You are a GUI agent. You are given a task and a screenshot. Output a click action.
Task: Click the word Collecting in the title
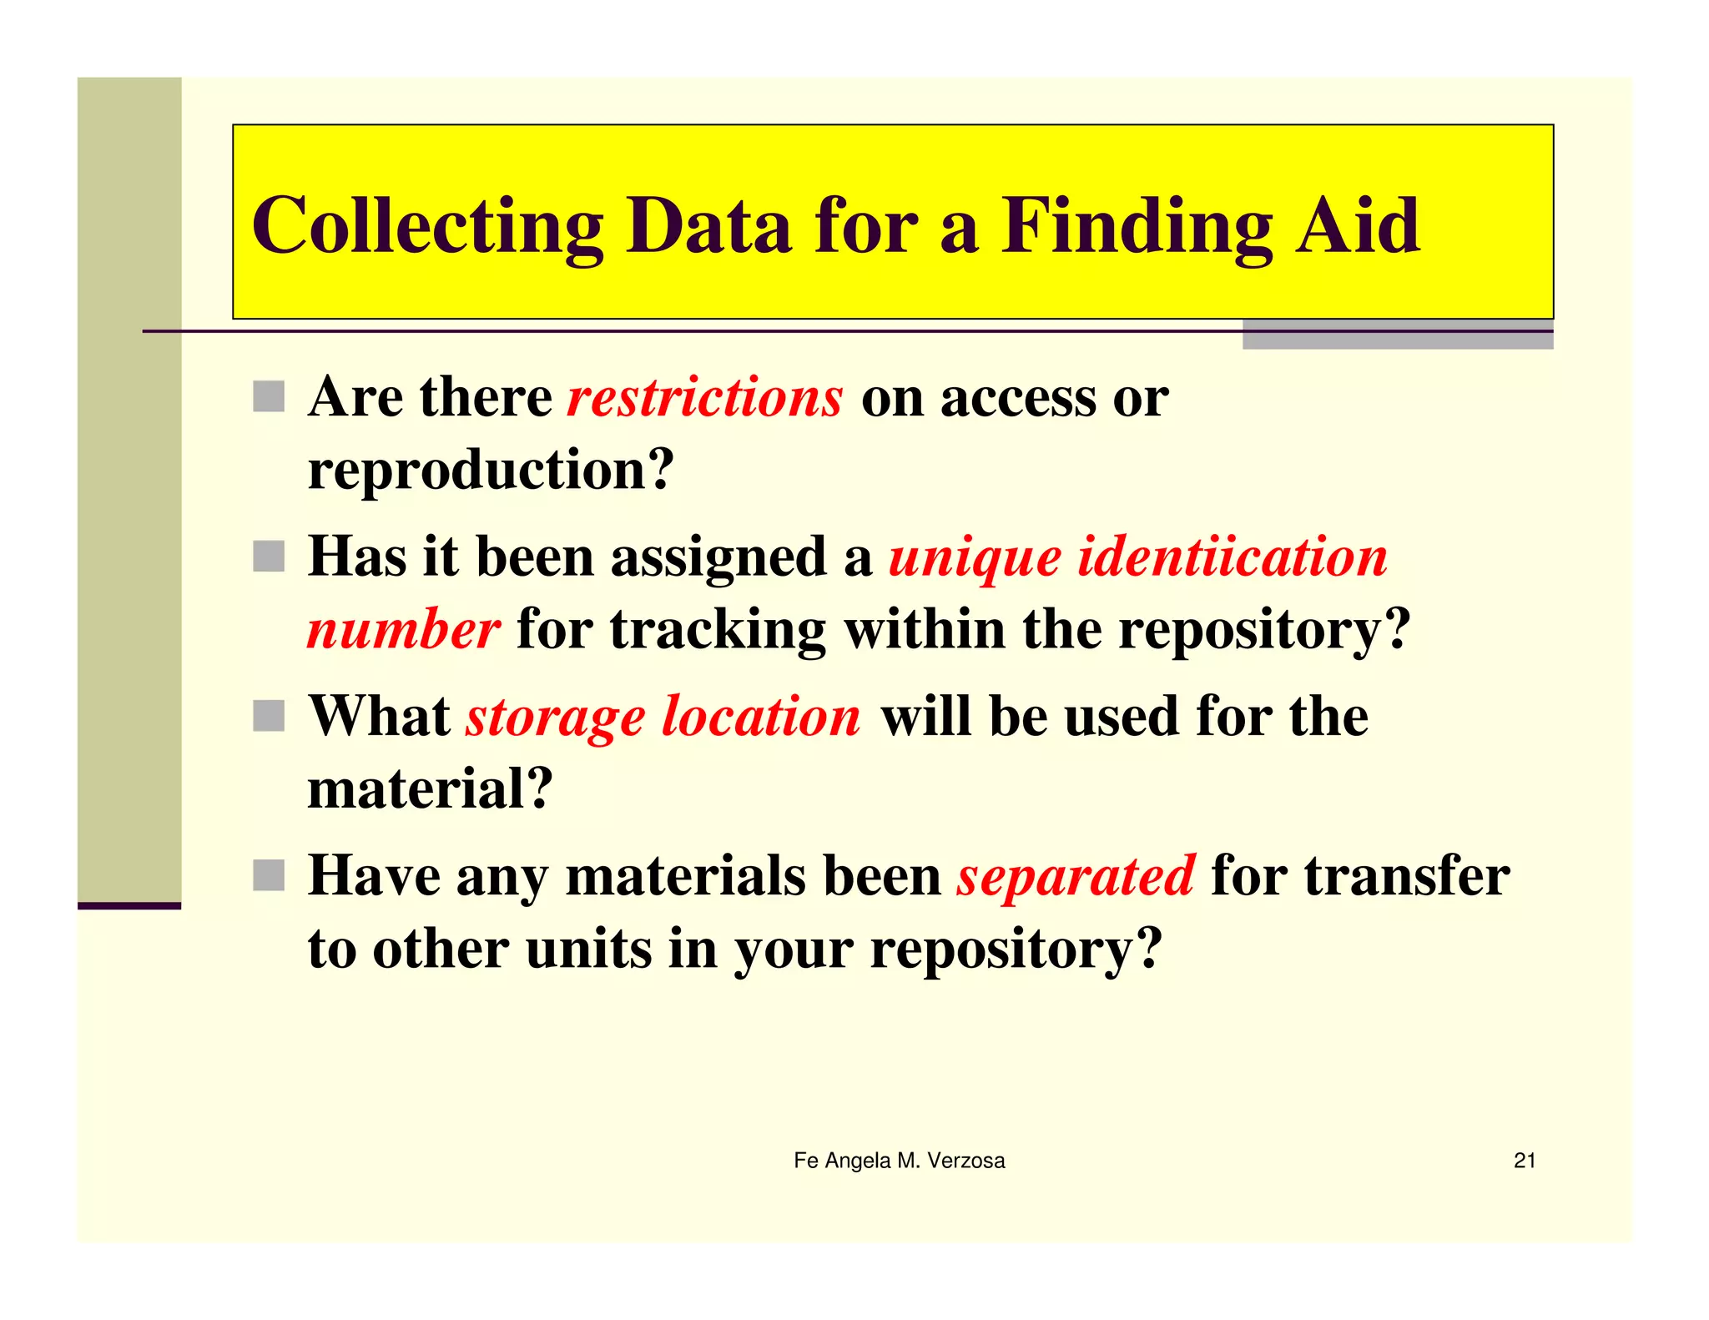[x=427, y=227]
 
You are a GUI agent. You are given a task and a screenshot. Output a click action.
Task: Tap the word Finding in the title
[x=1137, y=227]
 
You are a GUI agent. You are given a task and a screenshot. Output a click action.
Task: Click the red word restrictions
[x=705, y=397]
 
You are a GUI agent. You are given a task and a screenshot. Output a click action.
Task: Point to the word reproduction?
[x=491, y=471]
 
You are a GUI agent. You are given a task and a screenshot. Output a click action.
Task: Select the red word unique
[x=975, y=558]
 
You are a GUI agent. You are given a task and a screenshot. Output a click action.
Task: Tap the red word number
[x=404, y=629]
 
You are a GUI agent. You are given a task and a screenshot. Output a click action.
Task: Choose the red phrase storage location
[x=663, y=718]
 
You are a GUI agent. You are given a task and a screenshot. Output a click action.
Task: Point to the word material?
[x=430, y=788]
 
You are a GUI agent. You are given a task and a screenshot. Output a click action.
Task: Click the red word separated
[x=1076, y=877]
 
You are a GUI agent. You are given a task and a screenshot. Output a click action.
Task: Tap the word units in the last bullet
[x=588, y=949]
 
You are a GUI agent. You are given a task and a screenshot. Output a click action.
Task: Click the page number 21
[x=1525, y=1161]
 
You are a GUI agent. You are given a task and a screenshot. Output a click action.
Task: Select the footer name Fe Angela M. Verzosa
[x=899, y=1161]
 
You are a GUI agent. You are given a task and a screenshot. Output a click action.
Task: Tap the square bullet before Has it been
[x=269, y=557]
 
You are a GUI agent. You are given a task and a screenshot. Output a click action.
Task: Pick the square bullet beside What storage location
[x=269, y=716]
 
